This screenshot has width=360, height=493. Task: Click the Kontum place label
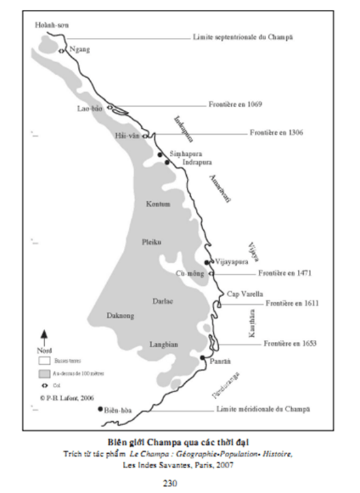tap(158, 204)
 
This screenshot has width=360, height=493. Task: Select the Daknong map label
tap(120, 316)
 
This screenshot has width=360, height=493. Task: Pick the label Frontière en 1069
tap(235, 105)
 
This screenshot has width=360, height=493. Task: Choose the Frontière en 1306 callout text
tap(276, 133)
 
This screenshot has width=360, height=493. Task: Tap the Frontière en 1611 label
tap(293, 303)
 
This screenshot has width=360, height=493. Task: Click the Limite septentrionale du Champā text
tap(243, 37)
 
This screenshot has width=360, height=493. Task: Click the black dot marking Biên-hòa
tap(100, 409)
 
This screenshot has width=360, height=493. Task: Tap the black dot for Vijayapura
tap(206, 262)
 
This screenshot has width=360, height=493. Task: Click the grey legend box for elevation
tap(44, 373)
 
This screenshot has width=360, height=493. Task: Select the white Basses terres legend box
tap(44, 360)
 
